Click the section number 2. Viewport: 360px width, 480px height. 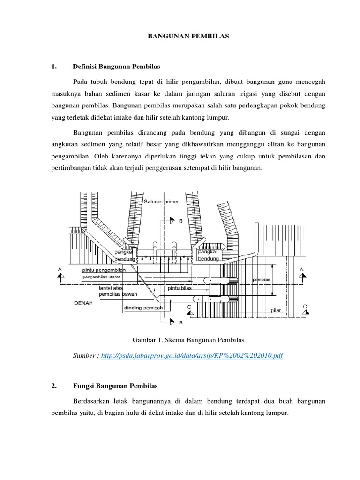tap(54, 386)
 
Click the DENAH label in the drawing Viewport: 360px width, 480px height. tap(83, 303)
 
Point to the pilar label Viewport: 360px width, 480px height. tap(277, 310)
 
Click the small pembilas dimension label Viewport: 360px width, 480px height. tap(262, 280)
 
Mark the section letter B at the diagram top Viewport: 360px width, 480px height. tap(181, 221)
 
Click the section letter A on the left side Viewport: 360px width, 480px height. tap(60, 270)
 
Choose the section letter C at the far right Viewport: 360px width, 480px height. tap(305, 307)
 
